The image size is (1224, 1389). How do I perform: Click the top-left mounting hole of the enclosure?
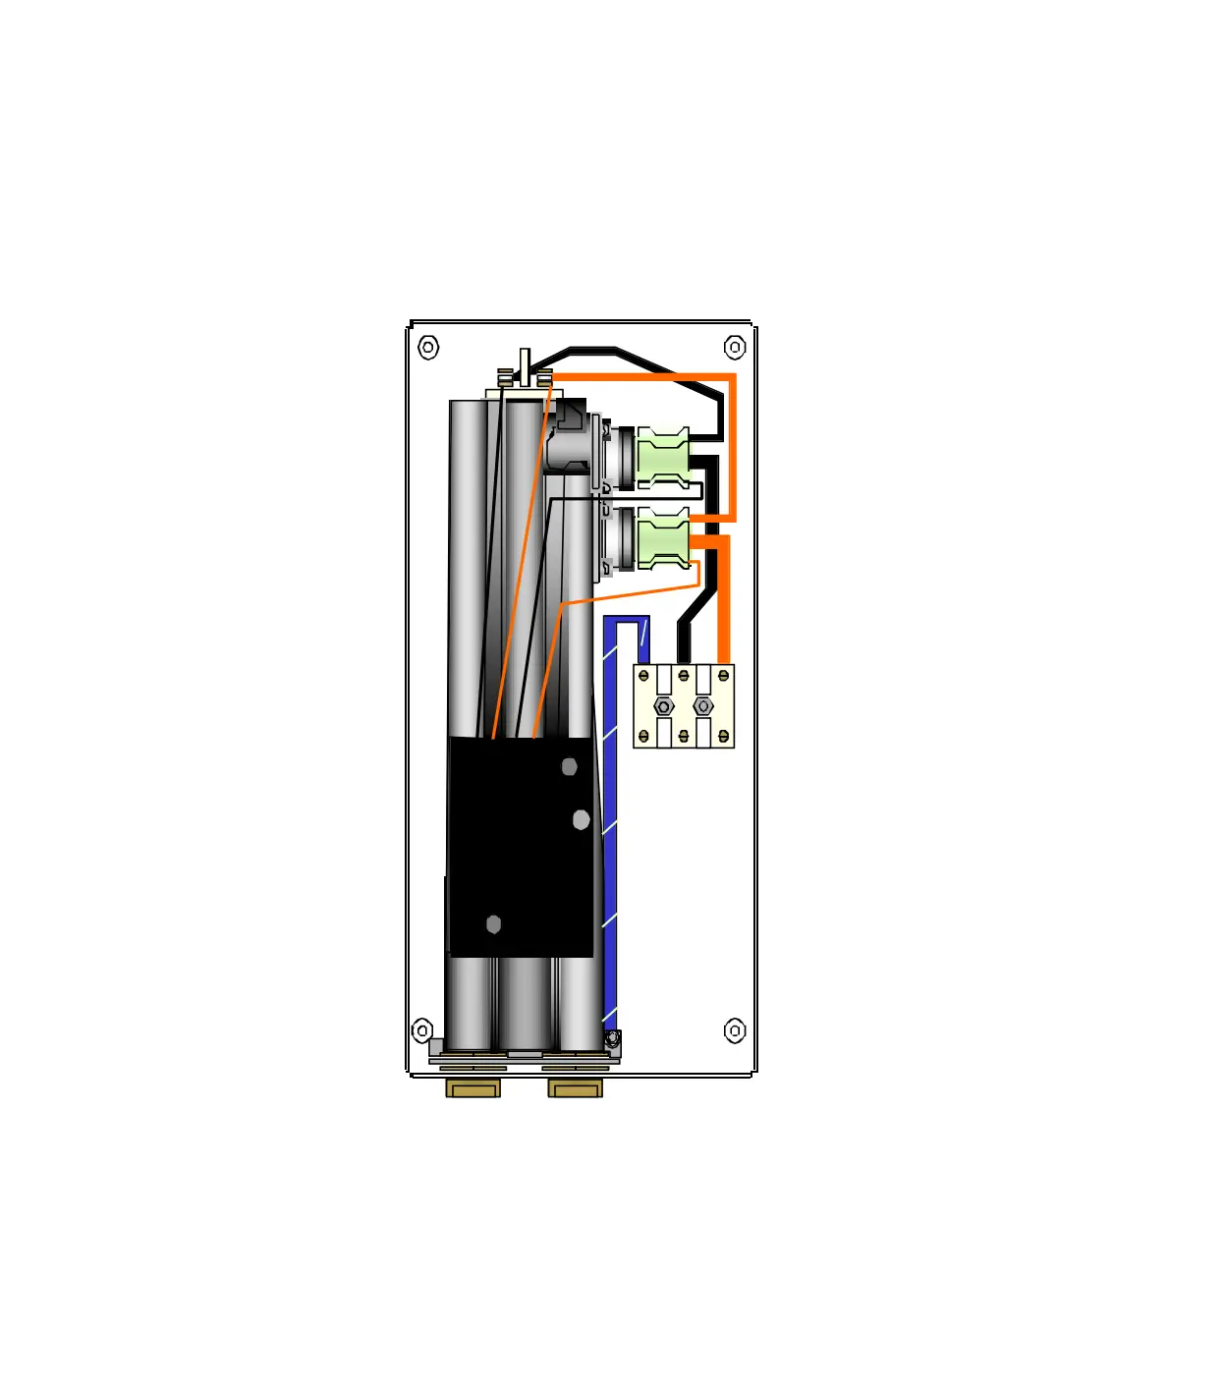pyautogui.click(x=428, y=347)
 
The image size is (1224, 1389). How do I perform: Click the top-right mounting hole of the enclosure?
pyautogui.click(x=735, y=347)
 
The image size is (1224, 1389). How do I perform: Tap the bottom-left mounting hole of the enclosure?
pyautogui.click(x=422, y=1030)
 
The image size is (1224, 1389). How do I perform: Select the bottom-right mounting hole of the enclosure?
pyautogui.click(x=735, y=1030)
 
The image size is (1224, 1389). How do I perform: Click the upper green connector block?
pyautogui.click(x=663, y=458)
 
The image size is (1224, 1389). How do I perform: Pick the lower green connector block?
pyautogui.click(x=663, y=538)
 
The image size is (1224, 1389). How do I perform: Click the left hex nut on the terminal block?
pyautogui.click(x=663, y=706)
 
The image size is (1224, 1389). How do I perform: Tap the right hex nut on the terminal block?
pyautogui.click(x=703, y=706)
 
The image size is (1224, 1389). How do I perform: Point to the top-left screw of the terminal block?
pyautogui.click(x=643, y=676)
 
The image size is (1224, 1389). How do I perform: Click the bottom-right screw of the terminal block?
pyautogui.click(x=724, y=736)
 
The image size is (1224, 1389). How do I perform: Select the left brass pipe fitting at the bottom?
pyautogui.click(x=473, y=1088)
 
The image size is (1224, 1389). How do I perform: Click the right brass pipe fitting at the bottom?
pyautogui.click(x=575, y=1088)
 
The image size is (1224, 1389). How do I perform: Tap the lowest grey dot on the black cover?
pyautogui.click(x=494, y=924)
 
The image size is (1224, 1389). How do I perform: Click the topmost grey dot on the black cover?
pyautogui.click(x=570, y=766)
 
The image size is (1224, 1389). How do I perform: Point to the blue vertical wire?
pyautogui.click(x=610, y=835)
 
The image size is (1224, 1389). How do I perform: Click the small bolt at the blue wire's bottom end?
pyautogui.click(x=612, y=1038)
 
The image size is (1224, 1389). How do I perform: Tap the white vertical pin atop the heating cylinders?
pyautogui.click(x=526, y=367)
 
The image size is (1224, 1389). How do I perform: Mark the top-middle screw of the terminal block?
pyautogui.click(x=684, y=676)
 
